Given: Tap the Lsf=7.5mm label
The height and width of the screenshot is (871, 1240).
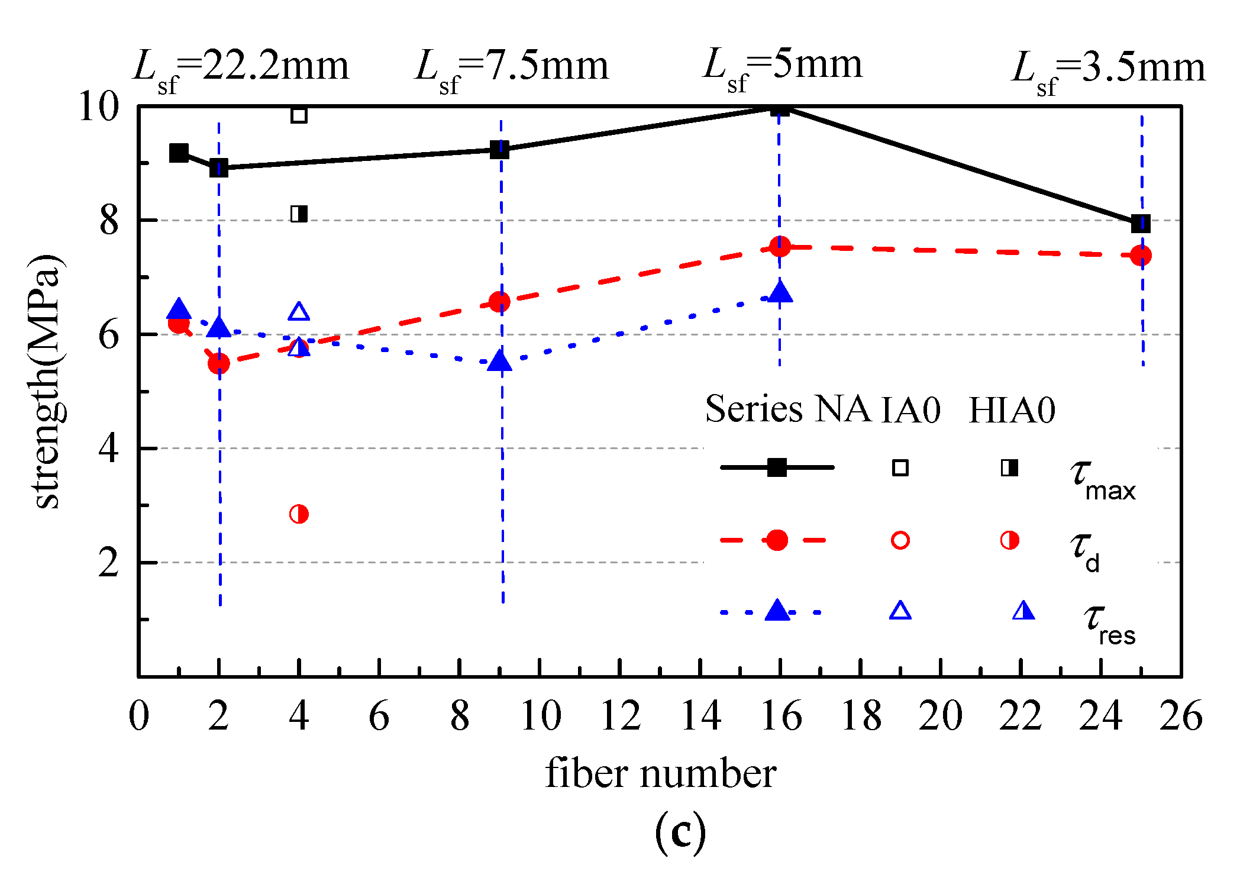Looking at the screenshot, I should [512, 69].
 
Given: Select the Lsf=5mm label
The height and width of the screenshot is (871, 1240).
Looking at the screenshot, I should [782, 66].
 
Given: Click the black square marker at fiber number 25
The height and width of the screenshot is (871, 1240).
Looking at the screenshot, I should [1141, 224].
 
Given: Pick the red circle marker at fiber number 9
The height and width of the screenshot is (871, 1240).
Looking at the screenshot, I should [500, 302].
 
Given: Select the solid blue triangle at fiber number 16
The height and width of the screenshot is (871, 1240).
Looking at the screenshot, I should [780, 292].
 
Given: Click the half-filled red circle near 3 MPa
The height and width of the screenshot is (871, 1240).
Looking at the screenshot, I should [299, 514].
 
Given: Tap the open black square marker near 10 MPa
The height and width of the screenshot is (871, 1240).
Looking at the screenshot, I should [299, 115].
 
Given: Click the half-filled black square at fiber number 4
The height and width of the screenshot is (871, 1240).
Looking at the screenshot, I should [299, 214].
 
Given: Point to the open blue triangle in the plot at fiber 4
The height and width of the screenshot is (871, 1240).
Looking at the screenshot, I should [299, 312].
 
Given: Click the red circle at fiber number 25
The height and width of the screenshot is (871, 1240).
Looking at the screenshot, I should [1141, 256].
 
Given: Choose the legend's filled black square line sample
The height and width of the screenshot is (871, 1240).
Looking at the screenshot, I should [777, 467].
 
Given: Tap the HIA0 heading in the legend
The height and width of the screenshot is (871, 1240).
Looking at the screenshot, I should [1012, 409].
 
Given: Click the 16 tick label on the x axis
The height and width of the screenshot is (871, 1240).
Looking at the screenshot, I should [781, 716].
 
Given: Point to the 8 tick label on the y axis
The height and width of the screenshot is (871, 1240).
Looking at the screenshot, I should [109, 221].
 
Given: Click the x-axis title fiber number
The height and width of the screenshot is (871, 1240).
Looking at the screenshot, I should [660, 773].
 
